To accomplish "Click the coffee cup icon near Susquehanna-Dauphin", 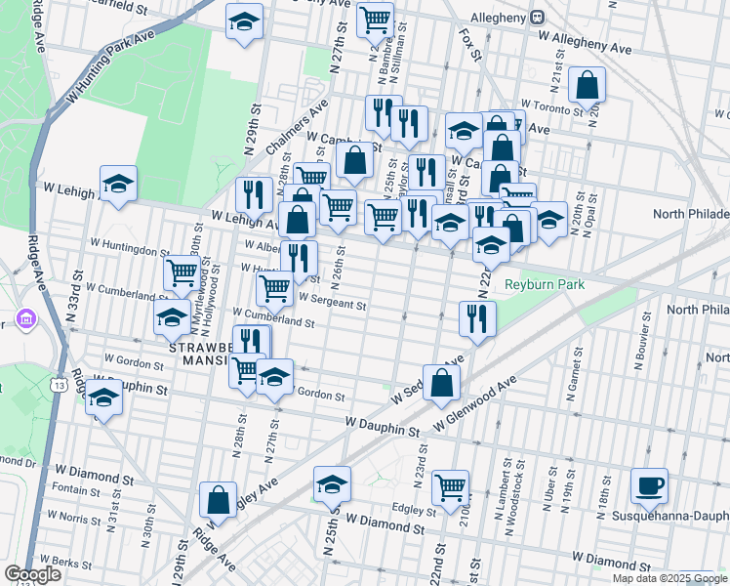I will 649,485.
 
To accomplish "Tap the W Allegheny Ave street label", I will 591,44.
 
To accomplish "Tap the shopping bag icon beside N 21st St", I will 588,85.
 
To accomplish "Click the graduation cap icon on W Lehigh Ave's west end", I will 118,184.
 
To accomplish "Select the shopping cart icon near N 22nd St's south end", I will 450,485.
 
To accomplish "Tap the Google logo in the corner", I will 32,574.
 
